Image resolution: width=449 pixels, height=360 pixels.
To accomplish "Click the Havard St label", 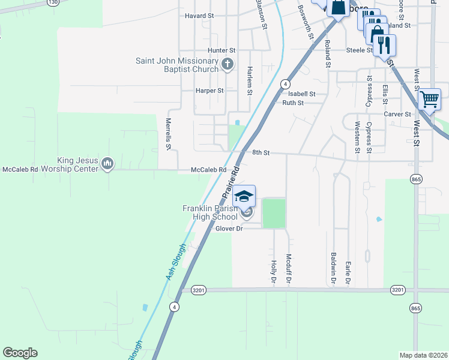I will click(x=199, y=16).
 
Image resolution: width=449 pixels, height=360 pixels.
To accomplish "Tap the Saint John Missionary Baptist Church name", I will click(x=176, y=65).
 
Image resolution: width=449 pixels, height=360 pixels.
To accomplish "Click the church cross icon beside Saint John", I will click(x=228, y=64).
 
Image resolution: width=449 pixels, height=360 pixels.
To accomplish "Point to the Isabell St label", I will click(x=301, y=94).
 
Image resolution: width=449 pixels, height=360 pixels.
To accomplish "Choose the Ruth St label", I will click(x=293, y=103).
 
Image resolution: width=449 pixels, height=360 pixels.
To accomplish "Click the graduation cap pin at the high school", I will click(x=244, y=196).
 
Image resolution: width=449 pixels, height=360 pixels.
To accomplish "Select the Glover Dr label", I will click(x=229, y=229).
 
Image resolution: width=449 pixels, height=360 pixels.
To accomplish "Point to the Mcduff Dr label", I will click(x=289, y=268).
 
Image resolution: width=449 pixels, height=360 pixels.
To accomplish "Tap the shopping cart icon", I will click(x=429, y=99).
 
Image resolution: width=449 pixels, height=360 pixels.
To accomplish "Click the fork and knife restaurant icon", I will click(x=384, y=45).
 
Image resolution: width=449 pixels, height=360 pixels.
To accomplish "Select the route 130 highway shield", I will click(x=53, y=2).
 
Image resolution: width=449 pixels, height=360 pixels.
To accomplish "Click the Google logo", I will click(x=20, y=353).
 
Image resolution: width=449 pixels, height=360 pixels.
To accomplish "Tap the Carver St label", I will click(x=399, y=114).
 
